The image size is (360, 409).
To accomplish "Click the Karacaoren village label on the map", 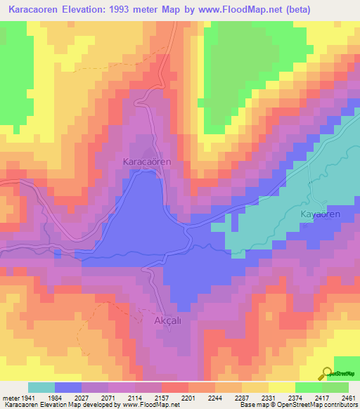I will [x=147, y=162].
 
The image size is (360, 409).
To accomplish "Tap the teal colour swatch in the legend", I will [x=41, y=387].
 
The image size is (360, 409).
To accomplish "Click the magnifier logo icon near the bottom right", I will [x=327, y=373].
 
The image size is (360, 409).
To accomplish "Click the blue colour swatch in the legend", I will [x=68, y=387].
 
